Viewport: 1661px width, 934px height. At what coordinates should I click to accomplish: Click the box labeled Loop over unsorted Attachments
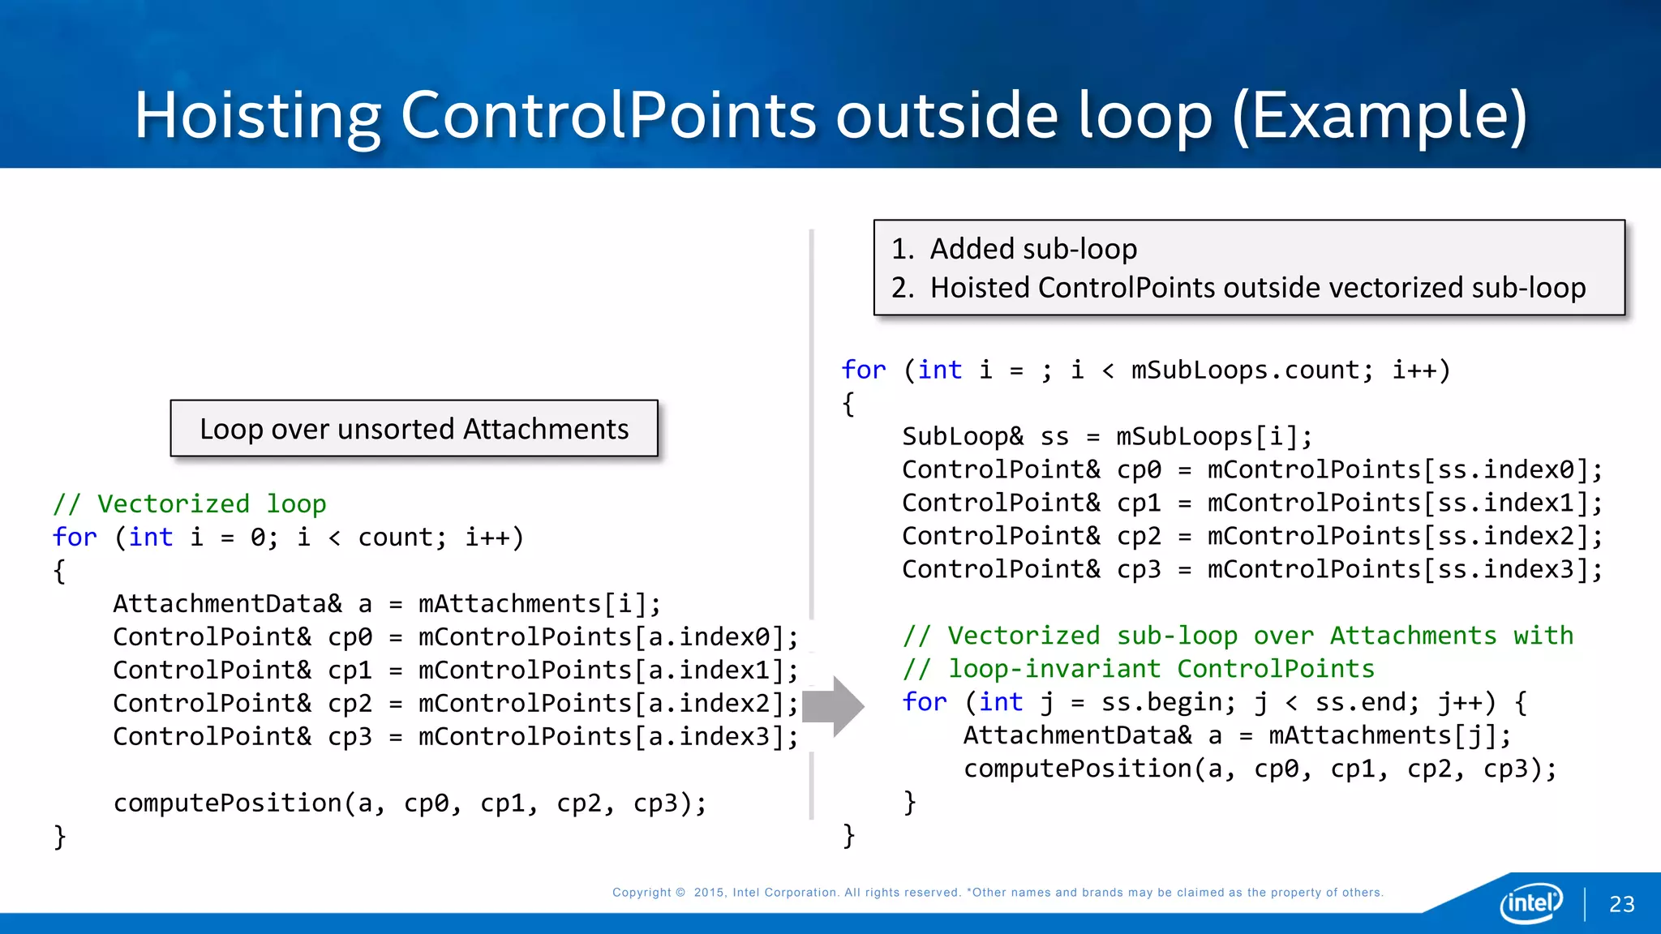point(414,429)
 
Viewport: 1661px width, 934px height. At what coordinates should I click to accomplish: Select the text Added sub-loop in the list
point(1033,249)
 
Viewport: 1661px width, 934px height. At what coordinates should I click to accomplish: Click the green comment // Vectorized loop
point(190,504)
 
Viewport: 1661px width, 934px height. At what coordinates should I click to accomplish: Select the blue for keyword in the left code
point(75,538)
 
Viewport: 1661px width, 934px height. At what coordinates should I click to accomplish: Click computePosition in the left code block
point(228,803)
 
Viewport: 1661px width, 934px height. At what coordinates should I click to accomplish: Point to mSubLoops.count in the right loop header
point(1246,371)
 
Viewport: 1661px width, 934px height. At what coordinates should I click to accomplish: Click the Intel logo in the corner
point(1530,902)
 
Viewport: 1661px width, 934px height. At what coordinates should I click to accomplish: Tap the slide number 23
point(1621,905)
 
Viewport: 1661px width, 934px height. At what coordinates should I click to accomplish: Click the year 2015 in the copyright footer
point(709,893)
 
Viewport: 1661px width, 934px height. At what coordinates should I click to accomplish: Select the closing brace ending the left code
point(59,836)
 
